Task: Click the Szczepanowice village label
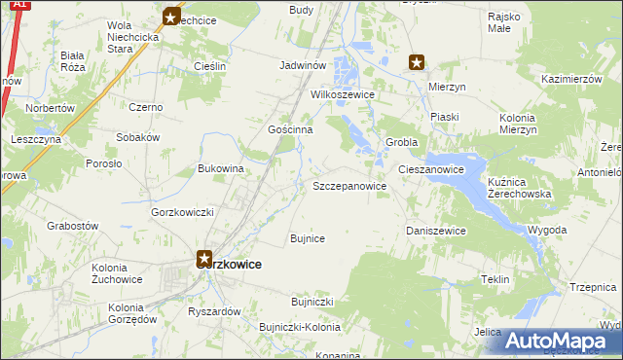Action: [x=349, y=186]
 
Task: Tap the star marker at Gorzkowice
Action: [x=204, y=258]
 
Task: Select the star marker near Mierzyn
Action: [x=417, y=63]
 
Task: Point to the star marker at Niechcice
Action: [x=171, y=17]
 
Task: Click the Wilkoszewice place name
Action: [x=344, y=96]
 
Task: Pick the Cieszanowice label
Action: [x=429, y=169]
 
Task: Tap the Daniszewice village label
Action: [x=435, y=231]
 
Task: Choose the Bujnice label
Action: [x=308, y=237]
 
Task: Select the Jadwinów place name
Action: [x=301, y=65]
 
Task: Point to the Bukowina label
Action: [x=220, y=168]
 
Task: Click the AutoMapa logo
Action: [x=564, y=340]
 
